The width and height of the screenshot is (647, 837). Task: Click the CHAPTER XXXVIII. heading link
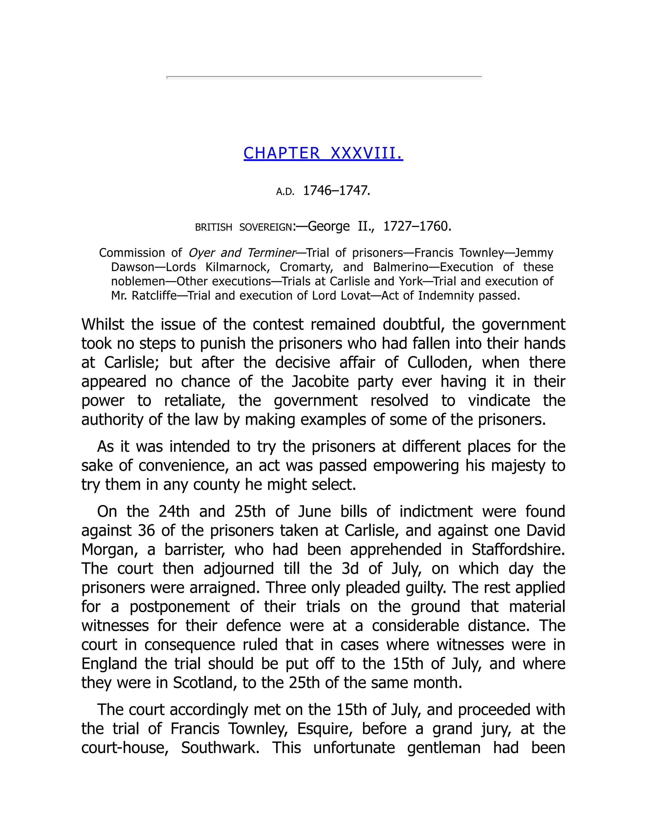click(323, 153)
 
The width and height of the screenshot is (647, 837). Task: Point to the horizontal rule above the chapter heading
click(324, 77)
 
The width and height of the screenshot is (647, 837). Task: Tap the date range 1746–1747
click(336, 190)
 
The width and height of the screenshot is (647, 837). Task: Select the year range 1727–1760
click(417, 226)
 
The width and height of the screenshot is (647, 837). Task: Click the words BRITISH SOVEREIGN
click(244, 228)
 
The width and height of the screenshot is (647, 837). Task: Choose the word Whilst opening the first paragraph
click(103, 325)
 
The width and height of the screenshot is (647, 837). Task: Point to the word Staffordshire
click(518, 550)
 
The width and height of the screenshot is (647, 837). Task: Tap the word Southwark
click(220, 748)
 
